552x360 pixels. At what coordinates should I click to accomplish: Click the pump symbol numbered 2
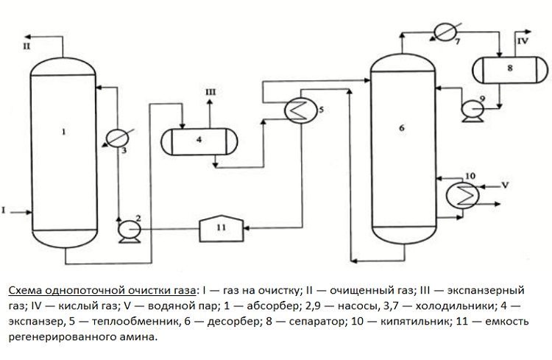[x=130, y=230]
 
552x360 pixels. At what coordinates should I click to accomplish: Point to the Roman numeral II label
[x=26, y=46]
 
